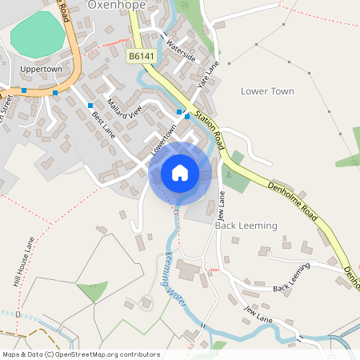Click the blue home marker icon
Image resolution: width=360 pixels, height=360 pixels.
tap(180, 173)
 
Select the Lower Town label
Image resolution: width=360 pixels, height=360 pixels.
tap(267, 91)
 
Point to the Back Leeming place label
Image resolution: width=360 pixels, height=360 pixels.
tap(246, 226)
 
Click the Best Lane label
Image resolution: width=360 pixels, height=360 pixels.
tap(103, 123)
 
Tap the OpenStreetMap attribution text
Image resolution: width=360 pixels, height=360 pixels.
tap(81, 354)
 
